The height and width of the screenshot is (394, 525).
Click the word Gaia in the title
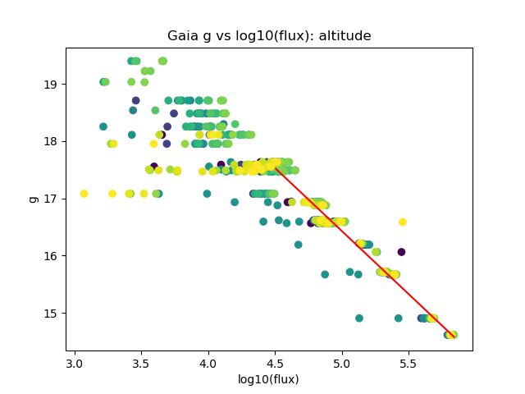click(x=182, y=36)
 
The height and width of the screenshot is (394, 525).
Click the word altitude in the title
click(x=342, y=36)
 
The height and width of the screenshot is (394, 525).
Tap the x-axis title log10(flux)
click(x=269, y=379)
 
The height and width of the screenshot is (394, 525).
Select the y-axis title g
click(x=34, y=199)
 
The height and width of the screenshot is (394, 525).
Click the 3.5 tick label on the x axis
click(x=141, y=364)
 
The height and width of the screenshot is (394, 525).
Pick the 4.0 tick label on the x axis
click(x=208, y=364)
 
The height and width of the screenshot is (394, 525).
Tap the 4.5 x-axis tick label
click(x=275, y=364)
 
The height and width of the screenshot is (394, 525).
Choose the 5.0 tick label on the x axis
click(x=341, y=364)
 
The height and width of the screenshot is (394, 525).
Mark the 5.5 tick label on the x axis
click(x=408, y=364)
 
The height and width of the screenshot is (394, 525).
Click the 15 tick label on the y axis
click(x=51, y=313)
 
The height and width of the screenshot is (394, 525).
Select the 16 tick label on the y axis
click(x=51, y=256)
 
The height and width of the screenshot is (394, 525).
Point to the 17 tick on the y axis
click(x=51, y=199)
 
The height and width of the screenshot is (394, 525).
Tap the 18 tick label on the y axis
click(x=51, y=141)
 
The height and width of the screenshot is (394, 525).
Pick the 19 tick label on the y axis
click(x=51, y=85)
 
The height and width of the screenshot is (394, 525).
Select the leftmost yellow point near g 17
click(x=84, y=194)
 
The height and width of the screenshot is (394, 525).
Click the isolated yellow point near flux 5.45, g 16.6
click(x=403, y=222)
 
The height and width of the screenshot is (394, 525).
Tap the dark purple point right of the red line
click(x=401, y=252)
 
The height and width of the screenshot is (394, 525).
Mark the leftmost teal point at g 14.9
click(x=359, y=318)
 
